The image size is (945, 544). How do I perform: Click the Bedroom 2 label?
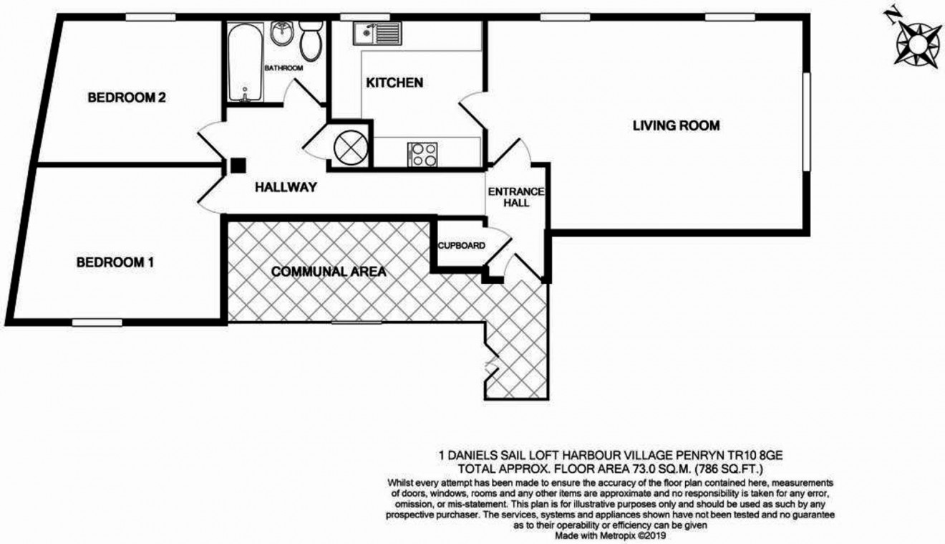pos(127,98)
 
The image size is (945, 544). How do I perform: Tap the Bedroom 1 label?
pos(115,262)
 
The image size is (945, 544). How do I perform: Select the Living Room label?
pos(676,126)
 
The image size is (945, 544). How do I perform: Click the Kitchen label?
pos(394,83)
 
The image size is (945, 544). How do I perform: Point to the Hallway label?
pos(286,188)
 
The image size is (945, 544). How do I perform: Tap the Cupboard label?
pos(462,246)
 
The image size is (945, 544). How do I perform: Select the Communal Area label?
pos(329,272)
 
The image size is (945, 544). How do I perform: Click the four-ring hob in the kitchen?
pos(422,155)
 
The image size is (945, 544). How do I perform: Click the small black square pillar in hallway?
pos(237,166)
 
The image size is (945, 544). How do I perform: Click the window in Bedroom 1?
pos(97,323)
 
